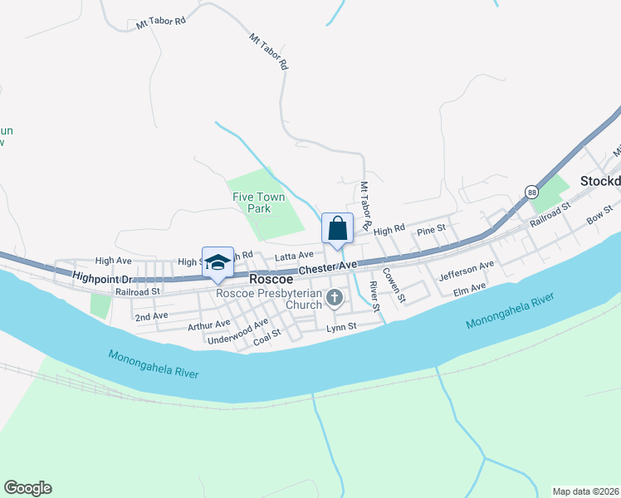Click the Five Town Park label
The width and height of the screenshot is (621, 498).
(x=253, y=203)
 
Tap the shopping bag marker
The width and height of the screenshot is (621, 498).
(x=337, y=228)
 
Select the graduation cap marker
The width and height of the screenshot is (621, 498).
(x=218, y=261)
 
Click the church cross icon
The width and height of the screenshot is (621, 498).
(x=335, y=297)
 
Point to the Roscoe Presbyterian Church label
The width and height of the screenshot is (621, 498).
(x=268, y=299)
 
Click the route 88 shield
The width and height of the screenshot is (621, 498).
(x=532, y=192)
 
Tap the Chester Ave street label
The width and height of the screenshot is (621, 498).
(x=327, y=267)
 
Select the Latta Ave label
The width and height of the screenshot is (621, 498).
(x=295, y=255)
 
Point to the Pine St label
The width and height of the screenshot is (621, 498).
(x=432, y=228)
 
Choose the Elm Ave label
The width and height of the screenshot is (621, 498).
(x=469, y=288)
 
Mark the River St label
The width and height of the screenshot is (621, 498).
(x=374, y=297)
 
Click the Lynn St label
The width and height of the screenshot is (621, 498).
(x=340, y=327)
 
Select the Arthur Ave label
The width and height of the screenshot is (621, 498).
(x=208, y=325)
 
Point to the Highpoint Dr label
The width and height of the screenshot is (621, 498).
(x=103, y=278)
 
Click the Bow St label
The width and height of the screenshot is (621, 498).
(x=599, y=215)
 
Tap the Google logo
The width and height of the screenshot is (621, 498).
(x=27, y=488)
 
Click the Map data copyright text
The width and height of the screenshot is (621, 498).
(x=586, y=491)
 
